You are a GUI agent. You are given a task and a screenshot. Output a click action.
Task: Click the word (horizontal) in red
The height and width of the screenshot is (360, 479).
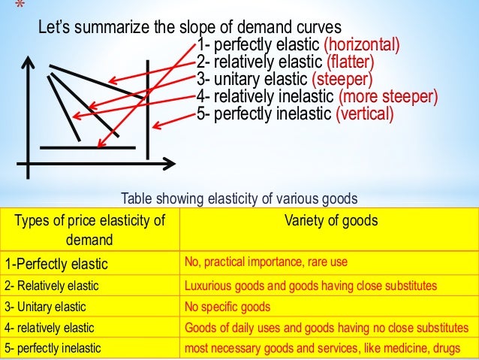point(360,43)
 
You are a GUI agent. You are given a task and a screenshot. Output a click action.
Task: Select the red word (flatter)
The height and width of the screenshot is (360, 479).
point(349,61)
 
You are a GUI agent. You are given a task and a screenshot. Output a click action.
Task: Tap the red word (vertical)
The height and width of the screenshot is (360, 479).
point(364,115)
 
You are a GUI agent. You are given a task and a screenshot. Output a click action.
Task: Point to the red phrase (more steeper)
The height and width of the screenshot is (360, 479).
point(387,97)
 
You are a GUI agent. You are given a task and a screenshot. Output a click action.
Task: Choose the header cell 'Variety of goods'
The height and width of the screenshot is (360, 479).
point(331,221)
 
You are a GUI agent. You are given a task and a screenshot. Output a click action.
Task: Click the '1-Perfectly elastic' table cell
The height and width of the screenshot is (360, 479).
point(56,265)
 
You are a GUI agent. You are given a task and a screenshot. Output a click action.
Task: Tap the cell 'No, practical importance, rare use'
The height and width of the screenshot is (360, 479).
point(266,263)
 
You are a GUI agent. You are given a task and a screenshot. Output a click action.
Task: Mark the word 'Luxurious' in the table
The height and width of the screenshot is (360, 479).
point(206,286)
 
